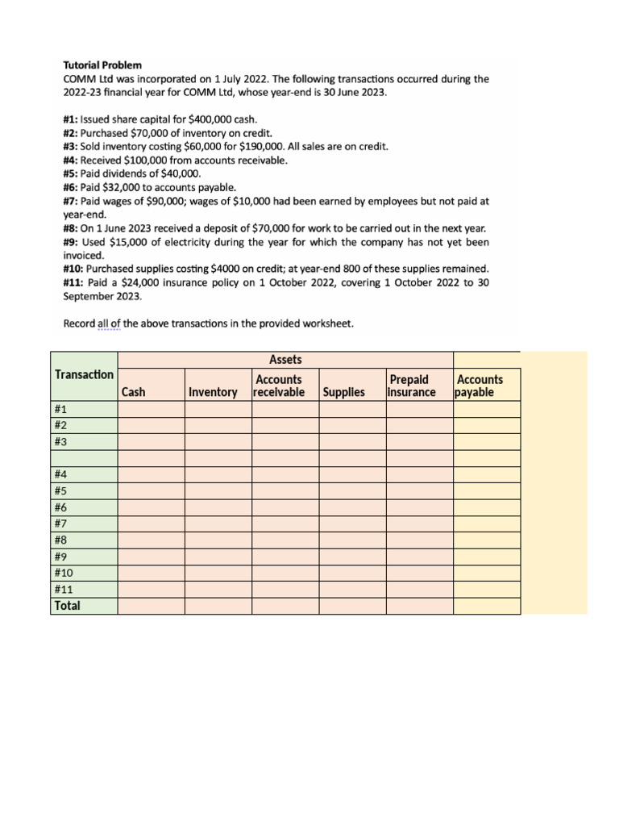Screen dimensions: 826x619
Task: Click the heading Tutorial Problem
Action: [x=102, y=65]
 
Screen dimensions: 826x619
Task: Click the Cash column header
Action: [x=134, y=392]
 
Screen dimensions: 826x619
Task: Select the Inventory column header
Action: [x=213, y=392]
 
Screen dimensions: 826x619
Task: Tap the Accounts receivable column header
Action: [x=279, y=386]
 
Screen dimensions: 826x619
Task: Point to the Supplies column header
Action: [x=344, y=392]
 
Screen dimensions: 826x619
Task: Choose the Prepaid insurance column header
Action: [x=412, y=386]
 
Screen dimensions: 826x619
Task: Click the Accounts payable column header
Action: [x=479, y=386]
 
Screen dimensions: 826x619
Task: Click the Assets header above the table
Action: [x=285, y=360]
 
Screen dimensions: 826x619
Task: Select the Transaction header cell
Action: [x=84, y=374]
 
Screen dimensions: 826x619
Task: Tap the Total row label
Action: [x=68, y=606]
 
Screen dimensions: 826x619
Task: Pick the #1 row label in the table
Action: [x=62, y=409]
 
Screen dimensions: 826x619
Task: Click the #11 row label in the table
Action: [x=64, y=589]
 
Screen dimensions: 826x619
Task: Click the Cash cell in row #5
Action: [x=151, y=490]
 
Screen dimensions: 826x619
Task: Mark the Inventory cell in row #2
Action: [x=218, y=425]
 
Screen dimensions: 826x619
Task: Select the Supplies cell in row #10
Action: [x=352, y=573]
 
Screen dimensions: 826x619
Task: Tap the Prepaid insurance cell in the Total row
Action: [x=419, y=606]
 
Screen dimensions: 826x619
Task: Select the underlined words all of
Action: [x=109, y=324]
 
